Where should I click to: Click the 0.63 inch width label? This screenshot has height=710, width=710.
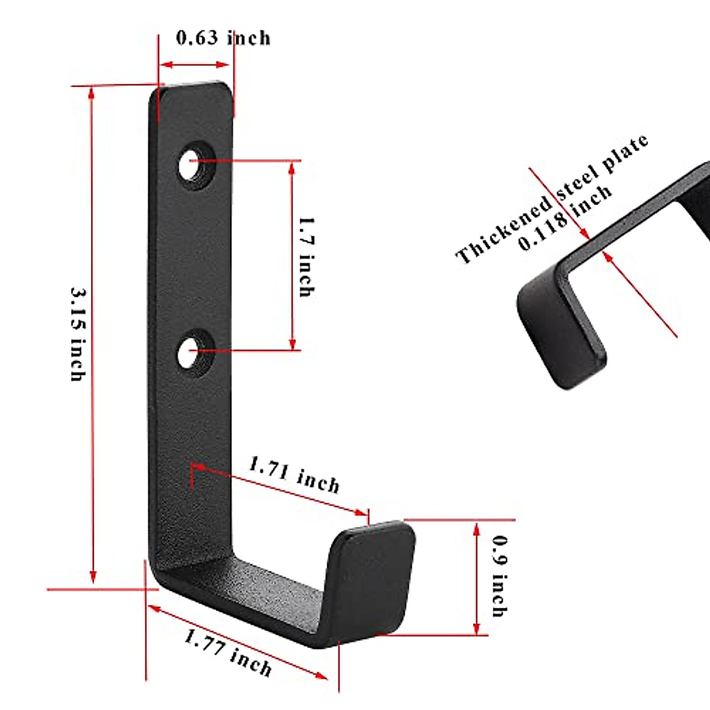point(223,38)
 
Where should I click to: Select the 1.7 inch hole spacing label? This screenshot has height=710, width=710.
point(306,256)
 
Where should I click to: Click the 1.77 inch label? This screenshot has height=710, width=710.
point(228,653)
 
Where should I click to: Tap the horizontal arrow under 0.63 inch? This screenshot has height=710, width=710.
point(196,64)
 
